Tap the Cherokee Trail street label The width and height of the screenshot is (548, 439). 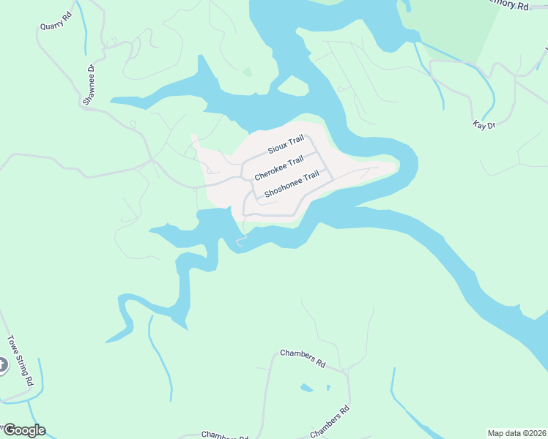coord(278,169)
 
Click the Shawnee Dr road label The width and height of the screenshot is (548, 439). coord(89,85)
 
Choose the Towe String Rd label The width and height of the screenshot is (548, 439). coord(21,360)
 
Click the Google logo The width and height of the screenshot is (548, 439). coord(23,430)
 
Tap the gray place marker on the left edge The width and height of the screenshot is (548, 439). coord(2,364)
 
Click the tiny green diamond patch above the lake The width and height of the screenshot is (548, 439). coord(247,72)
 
